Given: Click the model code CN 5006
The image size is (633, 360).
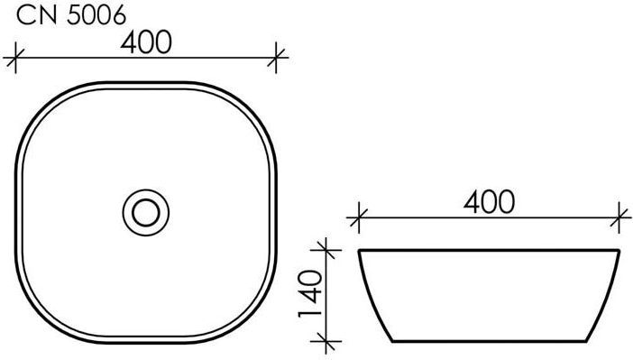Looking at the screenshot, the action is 71,16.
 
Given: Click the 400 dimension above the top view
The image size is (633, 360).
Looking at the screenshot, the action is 146,42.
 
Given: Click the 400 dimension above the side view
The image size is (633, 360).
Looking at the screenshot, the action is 489,202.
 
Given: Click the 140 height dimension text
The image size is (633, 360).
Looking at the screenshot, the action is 310,294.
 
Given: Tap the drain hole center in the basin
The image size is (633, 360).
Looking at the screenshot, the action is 146,213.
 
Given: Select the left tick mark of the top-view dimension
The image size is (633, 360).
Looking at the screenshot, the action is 15,58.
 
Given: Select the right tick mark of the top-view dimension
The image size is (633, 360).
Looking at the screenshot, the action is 276,58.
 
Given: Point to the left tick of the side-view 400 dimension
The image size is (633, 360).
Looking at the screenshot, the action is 359,218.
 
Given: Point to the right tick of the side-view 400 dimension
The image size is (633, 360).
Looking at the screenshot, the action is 619,218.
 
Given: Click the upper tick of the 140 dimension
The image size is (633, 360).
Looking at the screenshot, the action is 326,250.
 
